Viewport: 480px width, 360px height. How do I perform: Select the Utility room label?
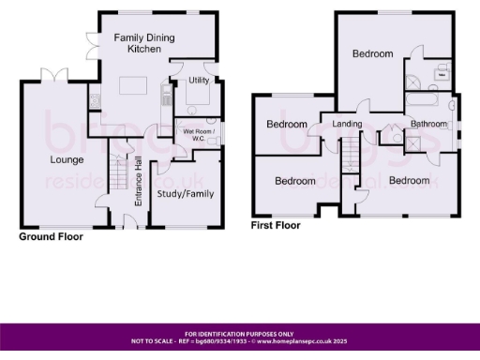point(198,82)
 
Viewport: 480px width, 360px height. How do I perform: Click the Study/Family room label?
point(184,194)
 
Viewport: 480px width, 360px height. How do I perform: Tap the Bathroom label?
point(427,124)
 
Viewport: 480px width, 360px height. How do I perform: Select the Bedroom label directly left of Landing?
point(287,125)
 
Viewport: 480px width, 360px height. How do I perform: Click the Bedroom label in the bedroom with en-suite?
point(372,54)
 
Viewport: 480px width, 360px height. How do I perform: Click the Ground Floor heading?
point(52,237)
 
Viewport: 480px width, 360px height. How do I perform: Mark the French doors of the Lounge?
point(55,74)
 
